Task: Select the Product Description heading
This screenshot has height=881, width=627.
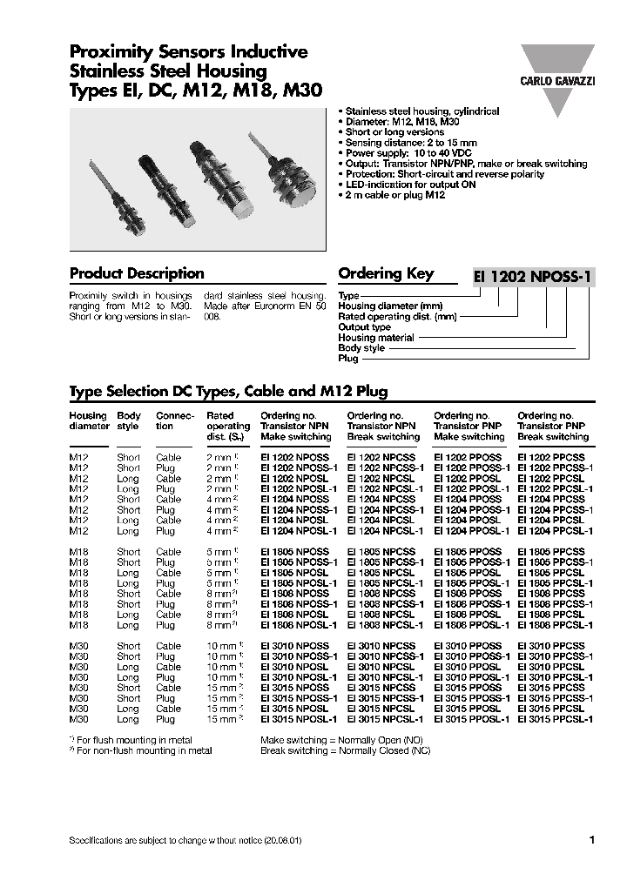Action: click(x=137, y=273)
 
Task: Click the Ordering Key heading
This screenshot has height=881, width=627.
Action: click(x=386, y=273)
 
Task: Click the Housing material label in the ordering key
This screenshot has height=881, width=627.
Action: click(x=375, y=338)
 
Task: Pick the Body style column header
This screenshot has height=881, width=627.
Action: click(x=129, y=421)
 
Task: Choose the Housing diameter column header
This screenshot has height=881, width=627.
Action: click(x=89, y=421)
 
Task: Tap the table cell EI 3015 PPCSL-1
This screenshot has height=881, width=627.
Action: click(x=555, y=719)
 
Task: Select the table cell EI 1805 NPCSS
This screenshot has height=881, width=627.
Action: click(x=381, y=552)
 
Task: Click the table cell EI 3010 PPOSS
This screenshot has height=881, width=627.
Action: click(x=468, y=646)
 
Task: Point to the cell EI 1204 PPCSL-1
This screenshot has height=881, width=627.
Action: click(x=555, y=530)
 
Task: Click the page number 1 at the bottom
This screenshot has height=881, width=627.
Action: click(x=591, y=840)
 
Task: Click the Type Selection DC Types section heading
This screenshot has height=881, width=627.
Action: click(x=228, y=392)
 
